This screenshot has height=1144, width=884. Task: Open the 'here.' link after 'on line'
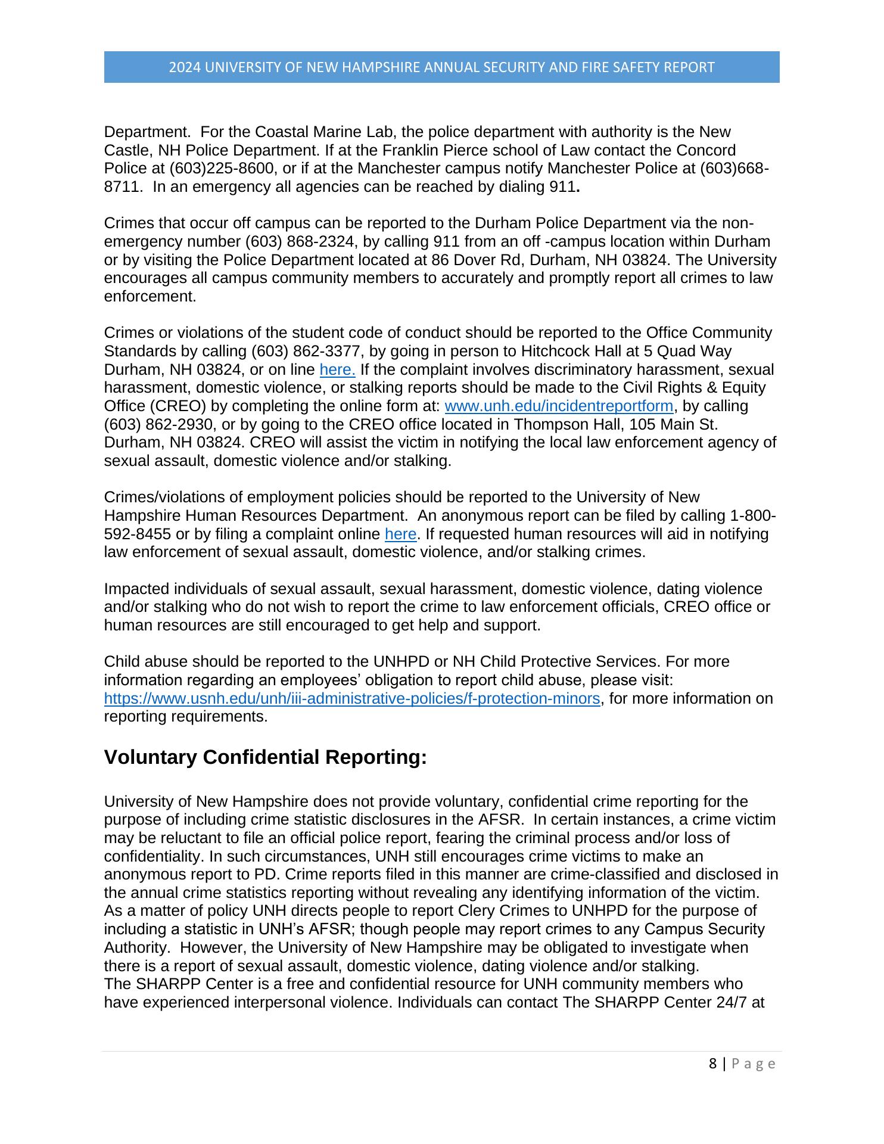[338, 370]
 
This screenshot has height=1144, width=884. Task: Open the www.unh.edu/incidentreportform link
[559, 406]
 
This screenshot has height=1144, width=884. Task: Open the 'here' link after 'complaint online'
[400, 534]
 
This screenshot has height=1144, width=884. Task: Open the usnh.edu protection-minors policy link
[351, 699]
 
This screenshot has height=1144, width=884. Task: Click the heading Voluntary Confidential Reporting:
[266, 758]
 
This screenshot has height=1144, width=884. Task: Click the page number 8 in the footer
[713, 1064]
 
